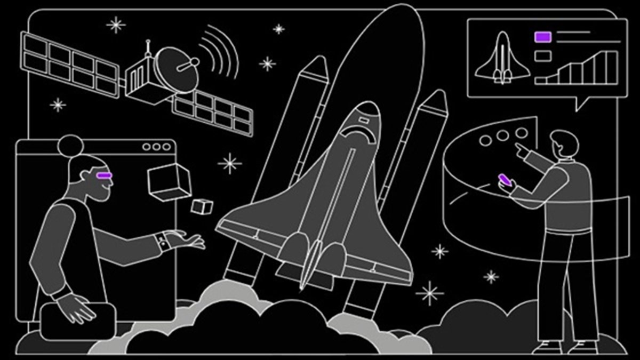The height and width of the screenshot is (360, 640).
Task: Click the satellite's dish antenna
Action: coord(178,66)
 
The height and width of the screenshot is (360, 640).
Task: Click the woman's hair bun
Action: coord(69,145)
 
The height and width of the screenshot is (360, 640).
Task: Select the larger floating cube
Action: coord(169,180)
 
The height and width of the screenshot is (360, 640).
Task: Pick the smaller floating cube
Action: coord(202,206)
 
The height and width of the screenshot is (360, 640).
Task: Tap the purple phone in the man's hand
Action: coord(505,180)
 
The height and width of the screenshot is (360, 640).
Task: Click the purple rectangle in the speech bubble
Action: coord(542,37)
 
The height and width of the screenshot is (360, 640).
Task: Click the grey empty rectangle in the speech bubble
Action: coord(542,55)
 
